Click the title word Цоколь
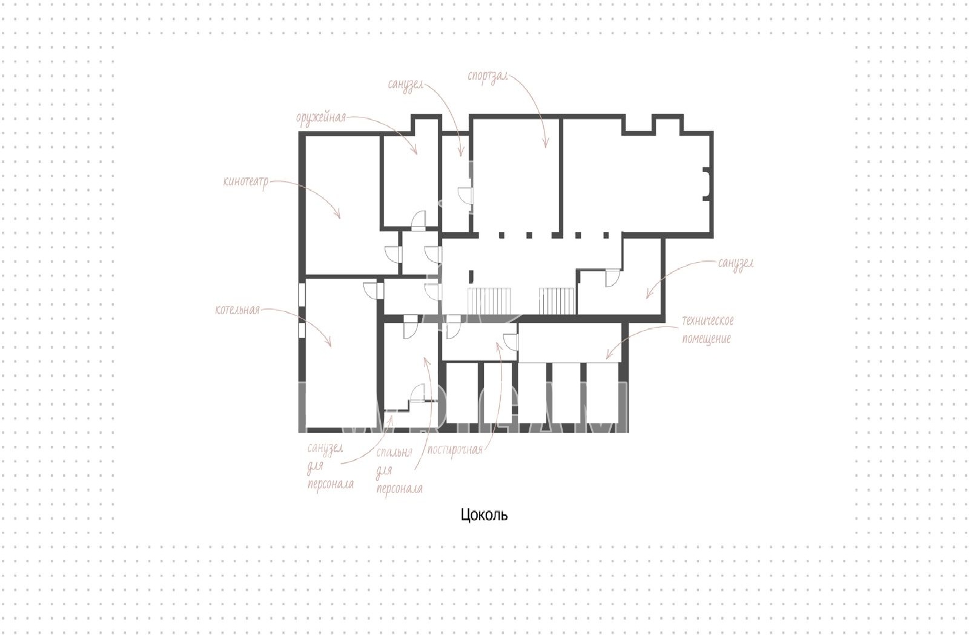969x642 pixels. point(484,515)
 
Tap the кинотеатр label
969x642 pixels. point(246,181)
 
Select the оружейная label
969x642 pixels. point(321,117)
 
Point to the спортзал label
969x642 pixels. point(488,76)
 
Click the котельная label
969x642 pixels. point(237,309)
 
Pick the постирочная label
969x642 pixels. point(455,450)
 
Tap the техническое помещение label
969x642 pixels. point(708,329)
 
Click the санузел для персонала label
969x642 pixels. point(331,466)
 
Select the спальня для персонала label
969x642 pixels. point(399,471)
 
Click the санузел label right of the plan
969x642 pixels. point(736,263)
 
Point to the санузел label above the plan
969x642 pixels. point(405,85)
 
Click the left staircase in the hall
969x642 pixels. point(489,301)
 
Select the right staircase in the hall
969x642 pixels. point(557,301)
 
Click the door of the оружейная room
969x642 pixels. point(418,220)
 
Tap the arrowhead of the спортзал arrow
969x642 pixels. point(546,144)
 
